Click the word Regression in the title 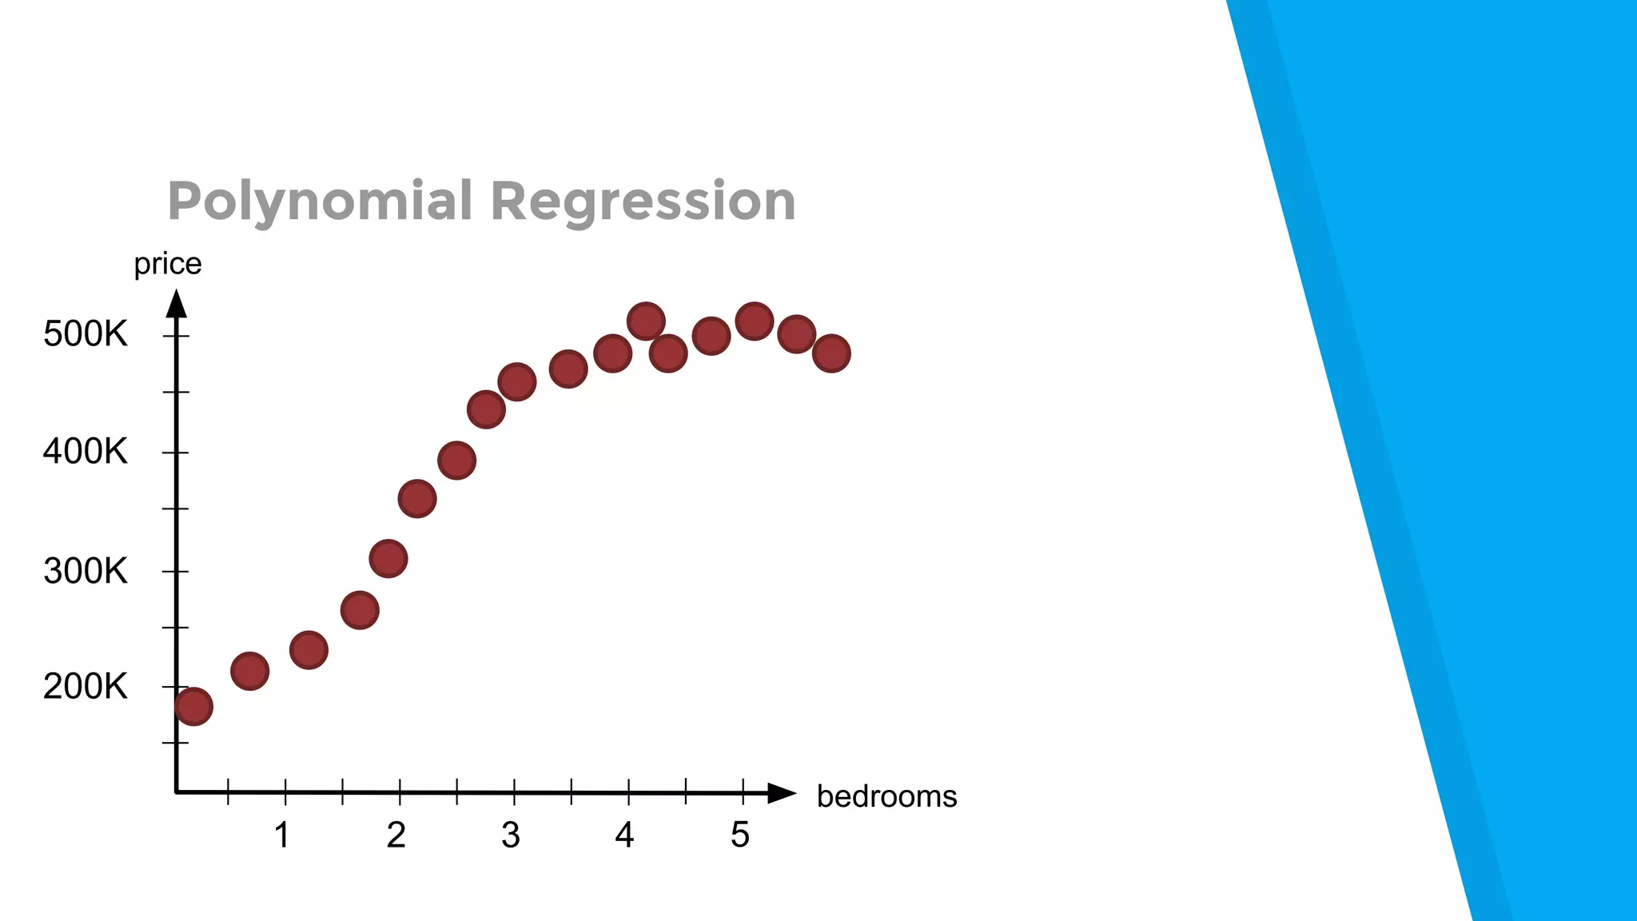pyautogui.click(x=643, y=201)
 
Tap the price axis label pyautogui.click(x=168, y=263)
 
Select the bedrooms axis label pyautogui.click(x=886, y=796)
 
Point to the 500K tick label pyautogui.click(x=86, y=333)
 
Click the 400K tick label pyautogui.click(x=86, y=452)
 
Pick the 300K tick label pyautogui.click(x=86, y=571)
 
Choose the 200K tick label pyautogui.click(x=86, y=686)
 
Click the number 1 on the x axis pyautogui.click(x=282, y=835)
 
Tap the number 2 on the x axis pyautogui.click(x=396, y=835)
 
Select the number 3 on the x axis pyautogui.click(x=511, y=835)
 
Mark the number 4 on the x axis pyautogui.click(x=624, y=835)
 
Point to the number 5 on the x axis pyautogui.click(x=740, y=835)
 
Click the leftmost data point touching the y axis pyautogui.click(x=193, y=706)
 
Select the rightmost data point pyautogui.click(x=831, y=353)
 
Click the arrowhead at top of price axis pyautogui.click(x=177, y=304)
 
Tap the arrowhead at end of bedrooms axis pyautogui.click(x=781, y=793)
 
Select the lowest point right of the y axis pyautogui.click(x=249, y=671)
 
